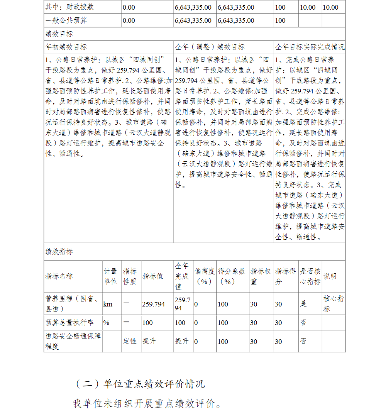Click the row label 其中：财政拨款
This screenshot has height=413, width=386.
70,7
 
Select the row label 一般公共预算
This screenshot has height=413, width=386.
66,20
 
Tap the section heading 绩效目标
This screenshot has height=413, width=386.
59,34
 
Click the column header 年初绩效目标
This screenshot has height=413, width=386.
66,47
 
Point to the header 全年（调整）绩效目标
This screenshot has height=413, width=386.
210,47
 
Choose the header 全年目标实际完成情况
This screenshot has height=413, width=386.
310,47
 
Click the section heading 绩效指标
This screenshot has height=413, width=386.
59,252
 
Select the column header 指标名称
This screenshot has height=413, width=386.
59,276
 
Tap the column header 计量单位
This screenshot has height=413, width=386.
110,276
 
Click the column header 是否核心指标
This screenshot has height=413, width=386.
310,276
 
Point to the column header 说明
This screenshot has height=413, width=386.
330,276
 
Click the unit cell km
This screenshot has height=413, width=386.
108,304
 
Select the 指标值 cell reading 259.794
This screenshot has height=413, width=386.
153,304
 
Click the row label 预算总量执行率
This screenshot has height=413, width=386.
69,323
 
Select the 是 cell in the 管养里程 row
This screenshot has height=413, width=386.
303,304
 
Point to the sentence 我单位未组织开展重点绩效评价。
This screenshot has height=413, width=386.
147,403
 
